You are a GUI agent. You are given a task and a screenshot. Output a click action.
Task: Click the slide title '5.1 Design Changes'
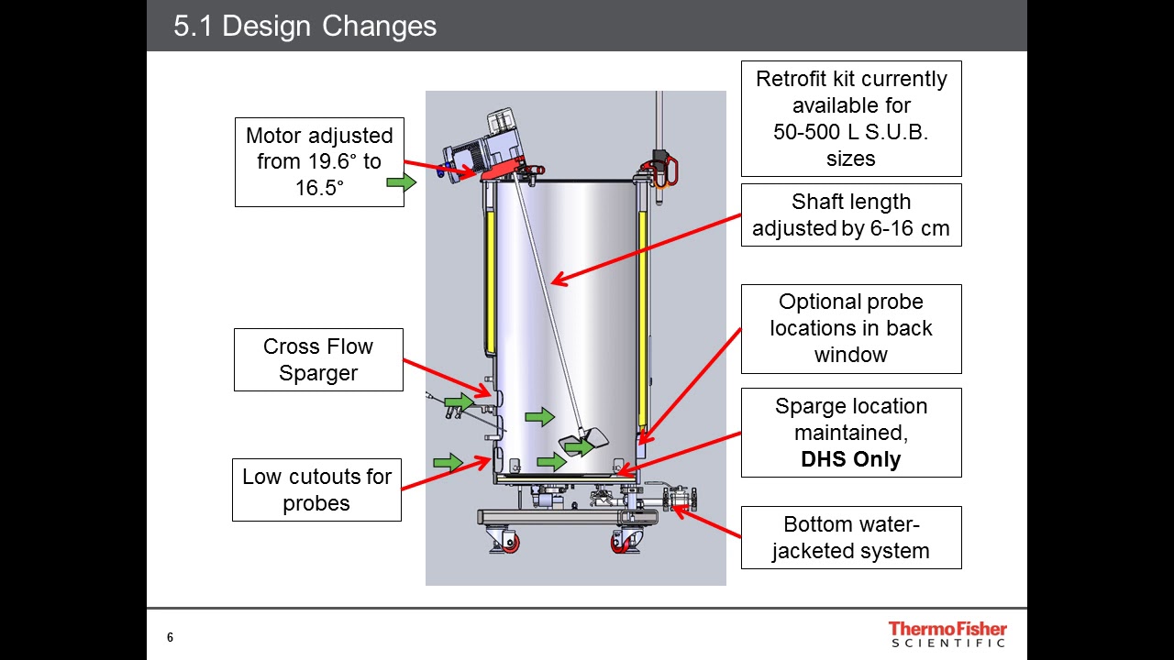click(305, 26)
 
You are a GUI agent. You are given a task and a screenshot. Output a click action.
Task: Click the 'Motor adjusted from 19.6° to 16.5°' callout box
click(319, 162)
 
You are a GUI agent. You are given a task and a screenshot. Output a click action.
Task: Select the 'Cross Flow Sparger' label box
click(318, 359)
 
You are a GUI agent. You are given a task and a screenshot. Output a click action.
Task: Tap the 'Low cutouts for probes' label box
click(316, 489)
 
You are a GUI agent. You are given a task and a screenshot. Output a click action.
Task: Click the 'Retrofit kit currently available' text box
click(850, 118)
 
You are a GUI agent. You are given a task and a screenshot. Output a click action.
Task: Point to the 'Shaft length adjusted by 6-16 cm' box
click(850, 214)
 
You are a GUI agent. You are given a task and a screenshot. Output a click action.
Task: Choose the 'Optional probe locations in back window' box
click(850, 328)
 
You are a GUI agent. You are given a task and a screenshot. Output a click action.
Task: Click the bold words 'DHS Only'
click(850, 459)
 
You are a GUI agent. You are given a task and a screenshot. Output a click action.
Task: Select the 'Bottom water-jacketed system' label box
click(850, 537)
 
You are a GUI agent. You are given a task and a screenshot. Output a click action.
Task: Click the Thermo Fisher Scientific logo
click(947, 633)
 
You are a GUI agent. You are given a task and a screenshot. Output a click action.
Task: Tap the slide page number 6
click(170, 637)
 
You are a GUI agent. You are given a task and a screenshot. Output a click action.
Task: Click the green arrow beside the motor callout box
click(401, 182)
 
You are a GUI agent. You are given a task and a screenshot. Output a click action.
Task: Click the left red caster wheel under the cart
click(506, 543)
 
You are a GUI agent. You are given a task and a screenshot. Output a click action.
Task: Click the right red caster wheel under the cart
click(626, 543)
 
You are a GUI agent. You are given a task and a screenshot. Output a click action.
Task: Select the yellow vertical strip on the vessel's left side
click(490, 283)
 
